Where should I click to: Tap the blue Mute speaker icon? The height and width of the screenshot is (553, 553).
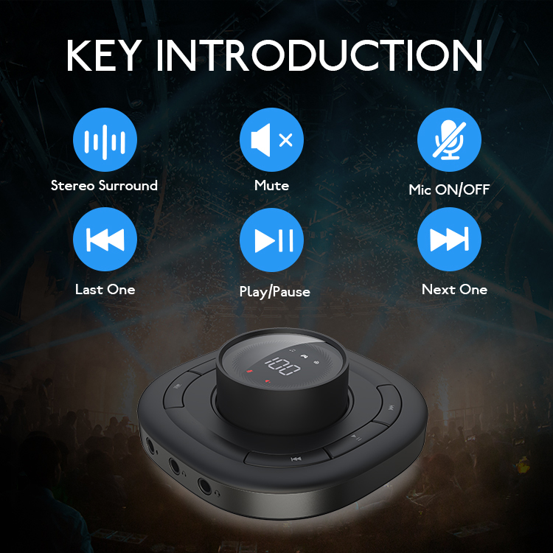pos(271,140)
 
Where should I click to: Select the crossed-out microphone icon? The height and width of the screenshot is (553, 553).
pos(449,140)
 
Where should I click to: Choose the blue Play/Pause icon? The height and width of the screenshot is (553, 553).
pos(271,240)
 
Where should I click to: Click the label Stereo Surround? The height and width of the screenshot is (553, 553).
pos(105,186)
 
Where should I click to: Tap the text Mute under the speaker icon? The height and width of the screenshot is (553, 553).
pos(271,186)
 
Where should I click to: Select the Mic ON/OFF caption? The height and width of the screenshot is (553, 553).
pos(449,190)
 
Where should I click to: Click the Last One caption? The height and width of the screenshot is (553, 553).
pos(105,290)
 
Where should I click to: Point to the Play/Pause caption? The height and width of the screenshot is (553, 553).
pos(274,292)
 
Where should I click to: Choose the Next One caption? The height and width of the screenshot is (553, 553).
pos(454,290)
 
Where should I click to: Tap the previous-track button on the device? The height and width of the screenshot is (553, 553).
pos(295,459)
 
